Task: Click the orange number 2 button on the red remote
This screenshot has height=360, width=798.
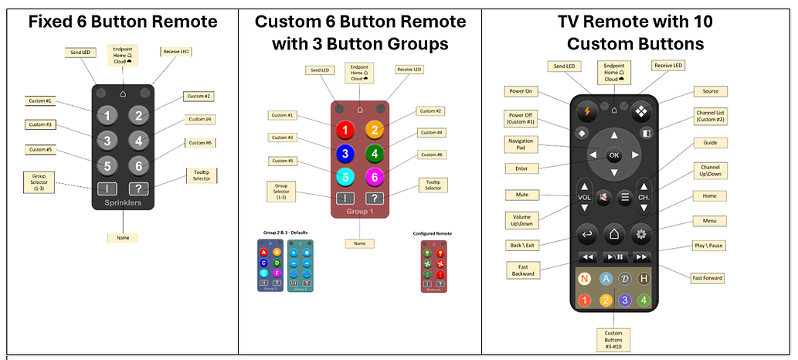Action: click(374, 131)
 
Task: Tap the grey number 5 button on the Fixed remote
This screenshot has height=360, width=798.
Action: click(108, 165)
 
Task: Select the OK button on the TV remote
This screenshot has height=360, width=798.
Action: click(614, 155)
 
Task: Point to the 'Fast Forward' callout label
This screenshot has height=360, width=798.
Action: click(708, 277)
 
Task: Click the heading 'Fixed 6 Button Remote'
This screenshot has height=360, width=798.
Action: click(122, 22)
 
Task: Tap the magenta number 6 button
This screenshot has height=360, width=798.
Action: click(374, 178)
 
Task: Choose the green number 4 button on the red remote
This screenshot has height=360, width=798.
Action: click(374, 154)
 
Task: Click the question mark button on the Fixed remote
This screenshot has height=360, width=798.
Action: click(138, 188)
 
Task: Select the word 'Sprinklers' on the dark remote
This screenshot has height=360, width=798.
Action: click(123, 203)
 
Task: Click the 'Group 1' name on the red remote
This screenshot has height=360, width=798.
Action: click(359, 211)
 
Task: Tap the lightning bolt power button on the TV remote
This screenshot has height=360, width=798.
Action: click(588, 110)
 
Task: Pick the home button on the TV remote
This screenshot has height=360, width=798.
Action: click(613, 233)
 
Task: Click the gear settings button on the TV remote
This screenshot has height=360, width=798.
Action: click(640, 233)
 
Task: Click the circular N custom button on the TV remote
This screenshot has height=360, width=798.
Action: click(586, 279)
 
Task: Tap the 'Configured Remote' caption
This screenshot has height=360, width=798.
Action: click(433, 233)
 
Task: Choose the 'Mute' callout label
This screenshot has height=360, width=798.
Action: click(522, 194)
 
